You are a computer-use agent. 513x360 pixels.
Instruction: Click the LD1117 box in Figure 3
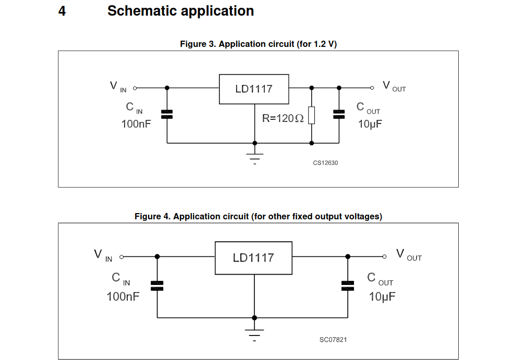254,89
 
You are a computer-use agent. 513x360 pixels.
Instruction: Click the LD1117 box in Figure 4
253,258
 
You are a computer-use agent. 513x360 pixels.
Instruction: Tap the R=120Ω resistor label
283,118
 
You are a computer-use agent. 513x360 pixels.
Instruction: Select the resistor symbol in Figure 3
311,115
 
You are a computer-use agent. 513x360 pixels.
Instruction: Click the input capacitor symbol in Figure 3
167,115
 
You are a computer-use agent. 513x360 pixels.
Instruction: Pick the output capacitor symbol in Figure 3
339,115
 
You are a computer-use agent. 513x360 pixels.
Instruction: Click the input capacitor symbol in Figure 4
157,285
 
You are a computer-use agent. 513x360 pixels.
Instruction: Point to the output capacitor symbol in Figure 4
348,285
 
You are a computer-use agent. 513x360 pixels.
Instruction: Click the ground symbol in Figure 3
254,157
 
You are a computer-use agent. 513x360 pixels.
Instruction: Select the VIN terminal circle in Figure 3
135,88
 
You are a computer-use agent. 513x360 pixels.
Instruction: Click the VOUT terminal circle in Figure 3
372,88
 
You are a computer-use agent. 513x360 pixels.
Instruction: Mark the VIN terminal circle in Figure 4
122,256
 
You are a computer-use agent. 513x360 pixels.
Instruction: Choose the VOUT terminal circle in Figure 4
385,256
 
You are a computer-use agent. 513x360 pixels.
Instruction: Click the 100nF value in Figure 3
136,125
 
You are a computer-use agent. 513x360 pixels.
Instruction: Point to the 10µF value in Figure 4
382,297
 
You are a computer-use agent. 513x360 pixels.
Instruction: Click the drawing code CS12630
325,163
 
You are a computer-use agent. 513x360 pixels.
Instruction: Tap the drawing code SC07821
333,340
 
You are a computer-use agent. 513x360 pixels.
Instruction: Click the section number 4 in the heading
62,11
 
